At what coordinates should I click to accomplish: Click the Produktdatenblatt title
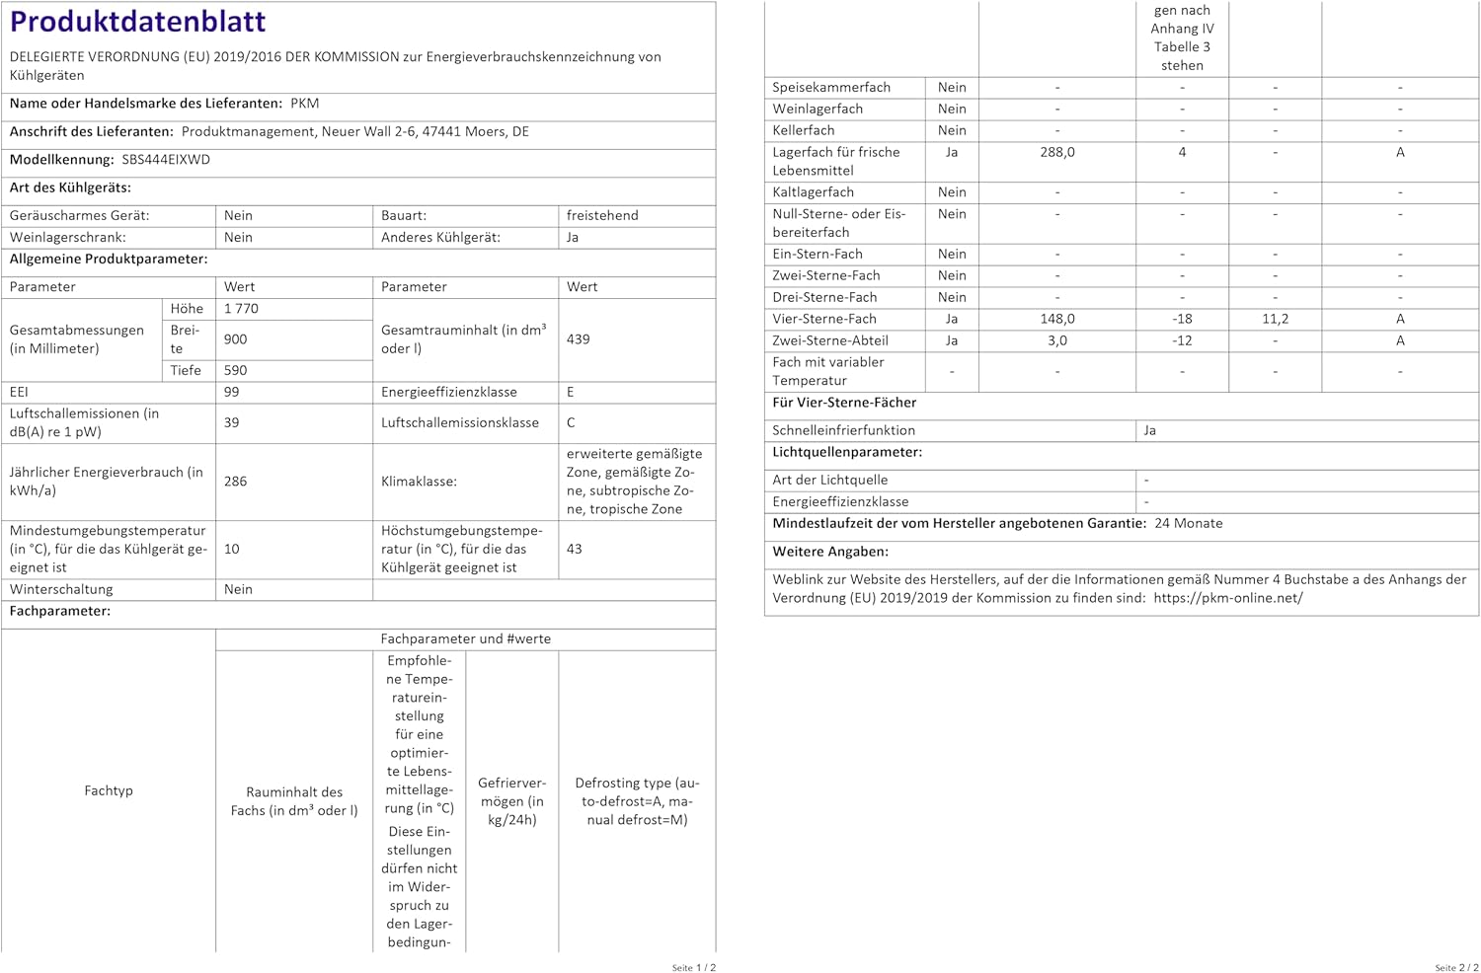click(137, 22)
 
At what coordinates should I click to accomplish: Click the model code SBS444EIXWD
click(166, 160)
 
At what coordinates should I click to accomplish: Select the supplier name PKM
click(304, 104)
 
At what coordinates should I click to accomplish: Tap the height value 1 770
click(241, 309)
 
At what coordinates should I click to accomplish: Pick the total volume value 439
click(578, 339)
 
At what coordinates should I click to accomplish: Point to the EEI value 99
click(232, 392)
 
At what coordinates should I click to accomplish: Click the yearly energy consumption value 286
click(235, 482)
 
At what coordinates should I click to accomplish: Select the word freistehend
click(602, 215)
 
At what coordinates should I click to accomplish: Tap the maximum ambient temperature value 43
click(574, 549)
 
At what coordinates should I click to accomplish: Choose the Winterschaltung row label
click(61, 589)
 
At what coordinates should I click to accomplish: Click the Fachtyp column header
click(109, 790)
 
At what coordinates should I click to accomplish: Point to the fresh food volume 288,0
click(1056, 152)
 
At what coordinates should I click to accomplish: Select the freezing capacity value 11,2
click(1275, 319)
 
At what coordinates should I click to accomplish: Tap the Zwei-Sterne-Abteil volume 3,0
click(1056, 340)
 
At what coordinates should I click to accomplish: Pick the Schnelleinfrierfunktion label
click(843, 430)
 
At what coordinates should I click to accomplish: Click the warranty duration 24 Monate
click(1188, 523)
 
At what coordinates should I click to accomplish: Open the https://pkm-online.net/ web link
click(1227, 598)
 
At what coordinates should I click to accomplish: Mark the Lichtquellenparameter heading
click(846, 452)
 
